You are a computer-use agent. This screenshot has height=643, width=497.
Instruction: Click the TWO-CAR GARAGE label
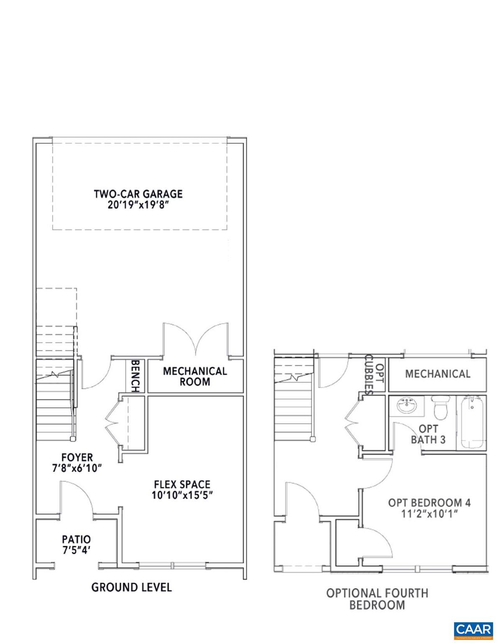pos(138,194)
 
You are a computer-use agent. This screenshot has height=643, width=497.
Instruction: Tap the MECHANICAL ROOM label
pos(195,376)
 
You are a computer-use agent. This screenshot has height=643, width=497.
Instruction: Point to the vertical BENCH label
pos(135,376)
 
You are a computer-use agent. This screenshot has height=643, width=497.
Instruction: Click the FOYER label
pos(77,457)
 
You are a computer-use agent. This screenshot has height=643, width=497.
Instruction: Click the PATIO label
pos(76,539)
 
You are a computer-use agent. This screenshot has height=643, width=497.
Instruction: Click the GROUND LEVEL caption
pos(131,587)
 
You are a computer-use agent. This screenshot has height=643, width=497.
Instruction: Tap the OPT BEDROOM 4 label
pos(429,502)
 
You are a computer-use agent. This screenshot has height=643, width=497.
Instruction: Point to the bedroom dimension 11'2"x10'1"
pos(429,514)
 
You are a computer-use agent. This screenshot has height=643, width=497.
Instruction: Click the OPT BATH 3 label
pos(428,434)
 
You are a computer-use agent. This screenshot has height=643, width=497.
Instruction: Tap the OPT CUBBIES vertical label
pos(374,375)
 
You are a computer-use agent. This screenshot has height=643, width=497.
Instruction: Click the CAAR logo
pos(473,629)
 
